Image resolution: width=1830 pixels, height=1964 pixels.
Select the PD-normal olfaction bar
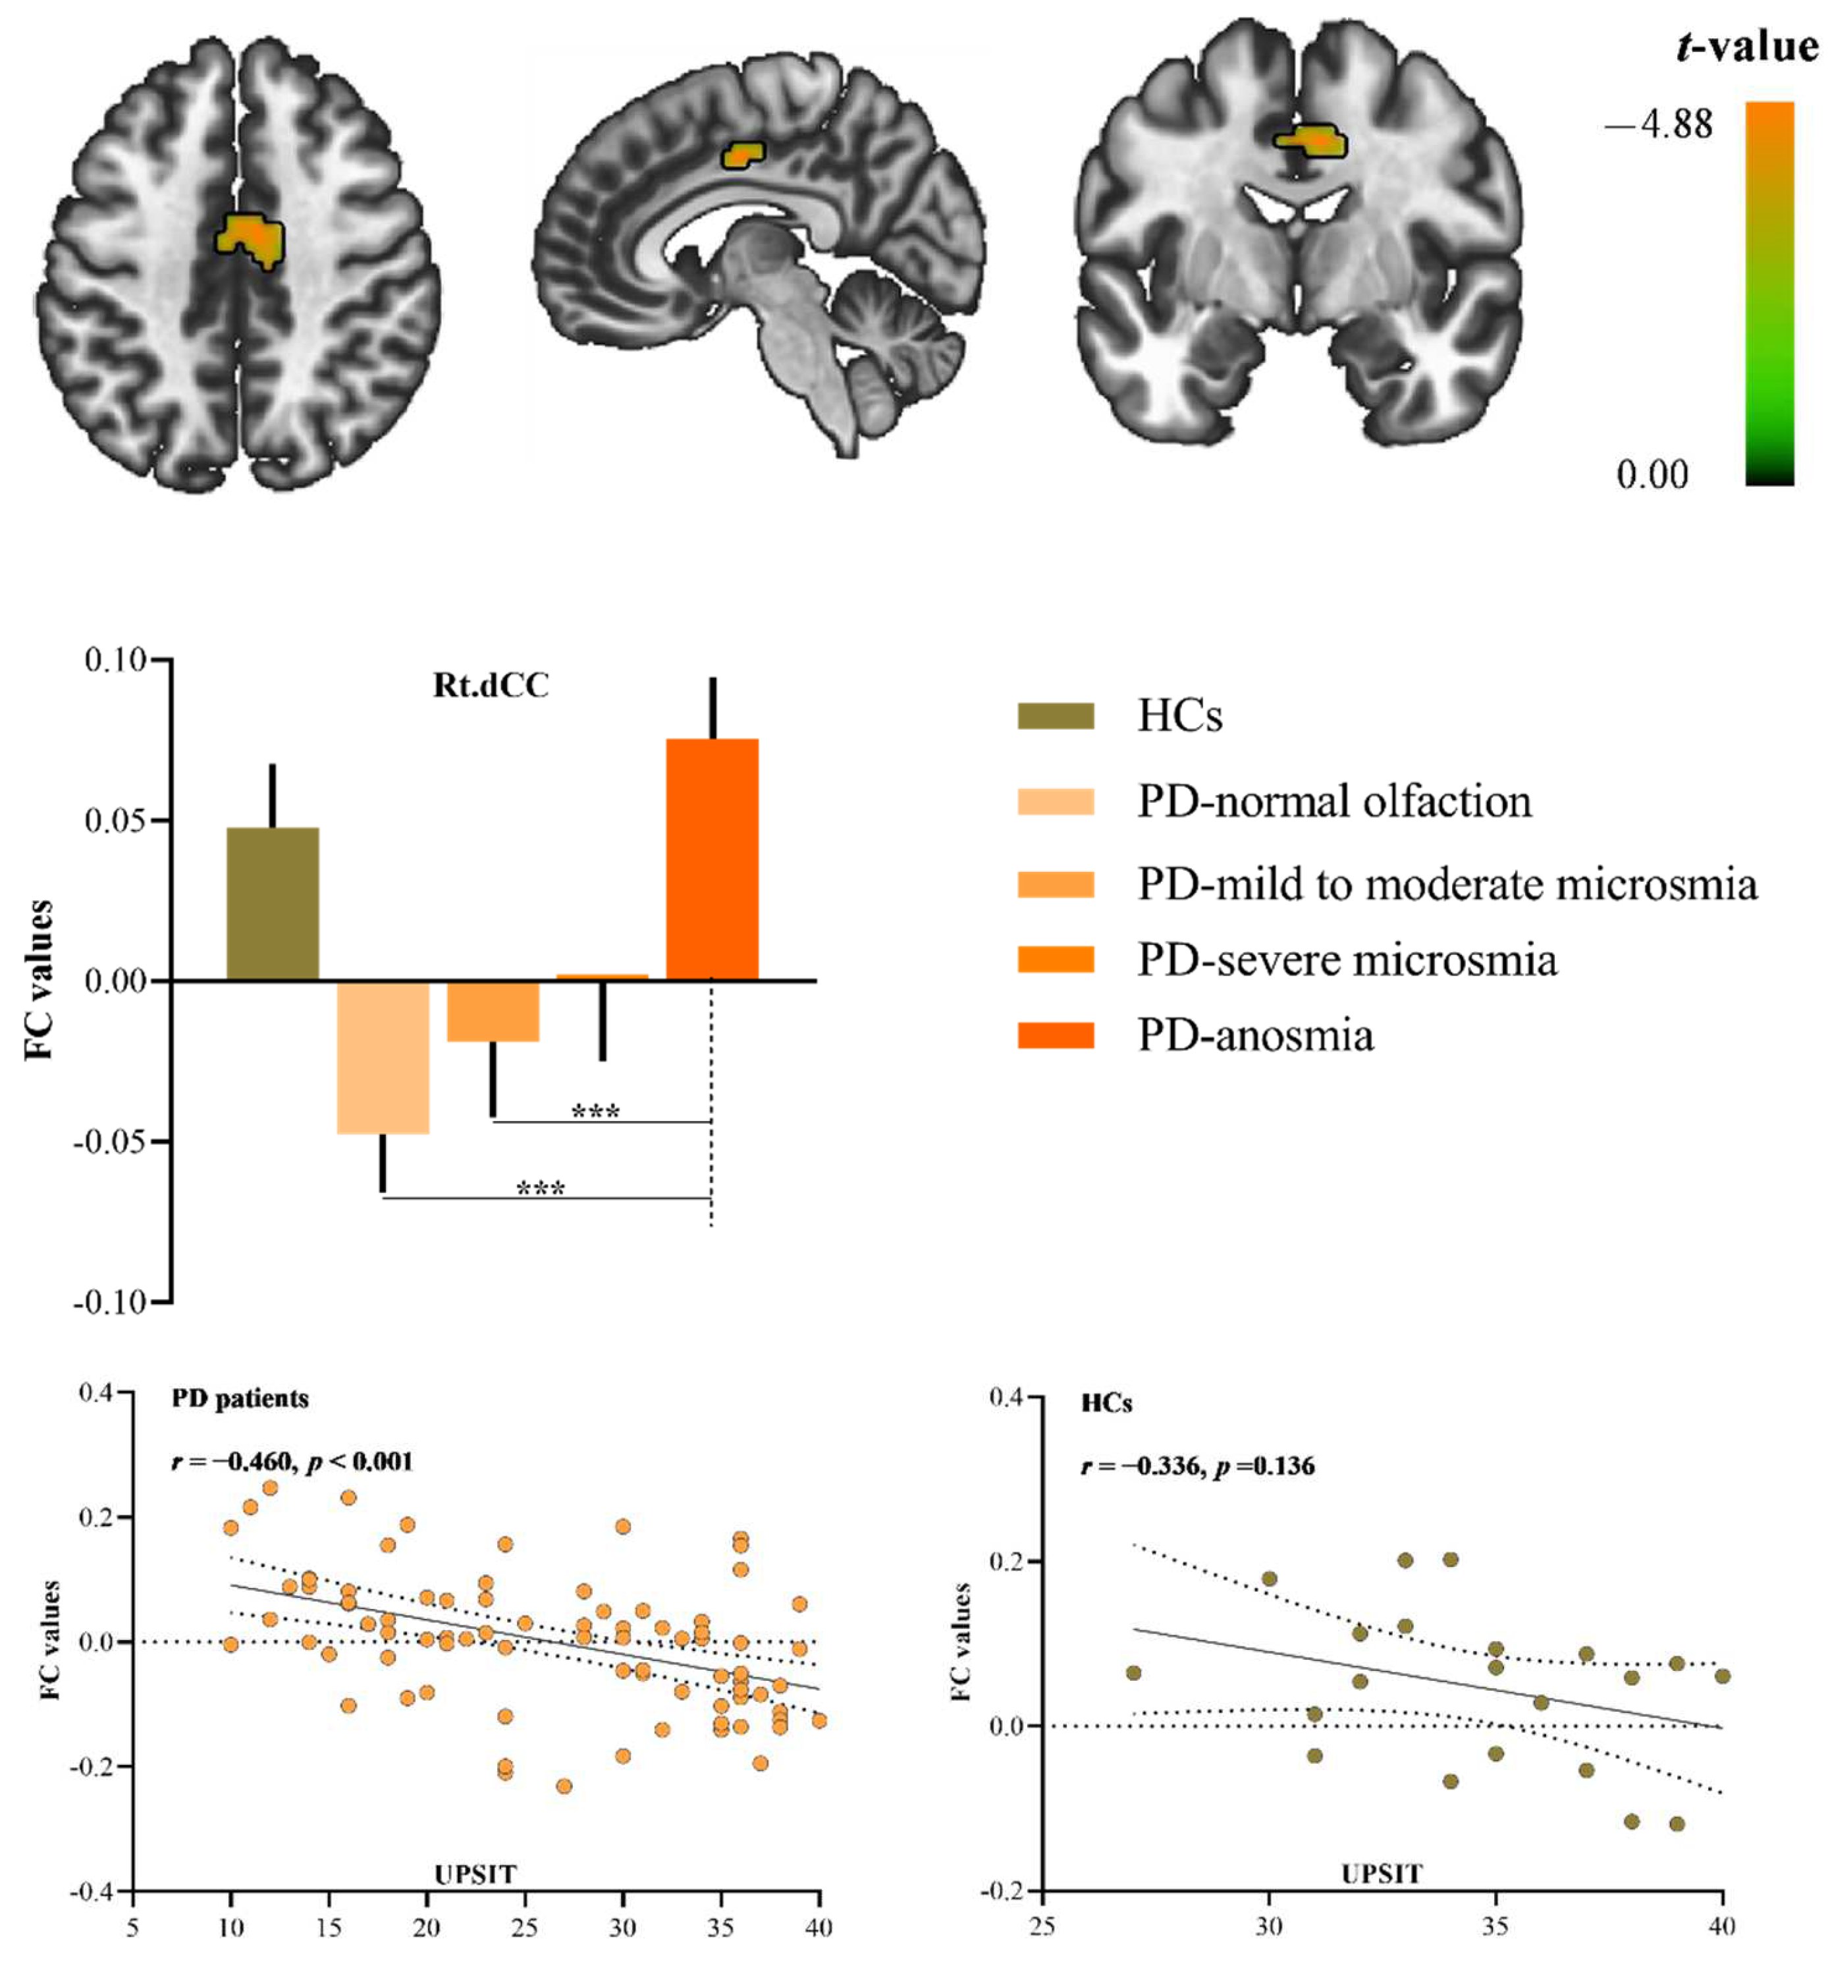(x=383, y=1056)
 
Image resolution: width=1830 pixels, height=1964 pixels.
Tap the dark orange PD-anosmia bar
(x=712, y=859)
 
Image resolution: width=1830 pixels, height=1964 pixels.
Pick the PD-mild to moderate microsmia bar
(x=493, y=1010)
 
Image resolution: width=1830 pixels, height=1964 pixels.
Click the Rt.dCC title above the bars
(x=491, y=686)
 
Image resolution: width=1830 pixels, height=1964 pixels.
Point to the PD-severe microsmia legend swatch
(x=1056, y=959)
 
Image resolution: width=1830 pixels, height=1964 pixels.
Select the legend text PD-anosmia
(x=1255, y=1035)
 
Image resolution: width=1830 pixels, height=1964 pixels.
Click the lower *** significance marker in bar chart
(x=541, y=1187)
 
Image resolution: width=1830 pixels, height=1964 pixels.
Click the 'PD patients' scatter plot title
(x=240, y=1398)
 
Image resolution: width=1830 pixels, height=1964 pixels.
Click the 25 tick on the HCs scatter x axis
(x=1042, y=1926)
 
